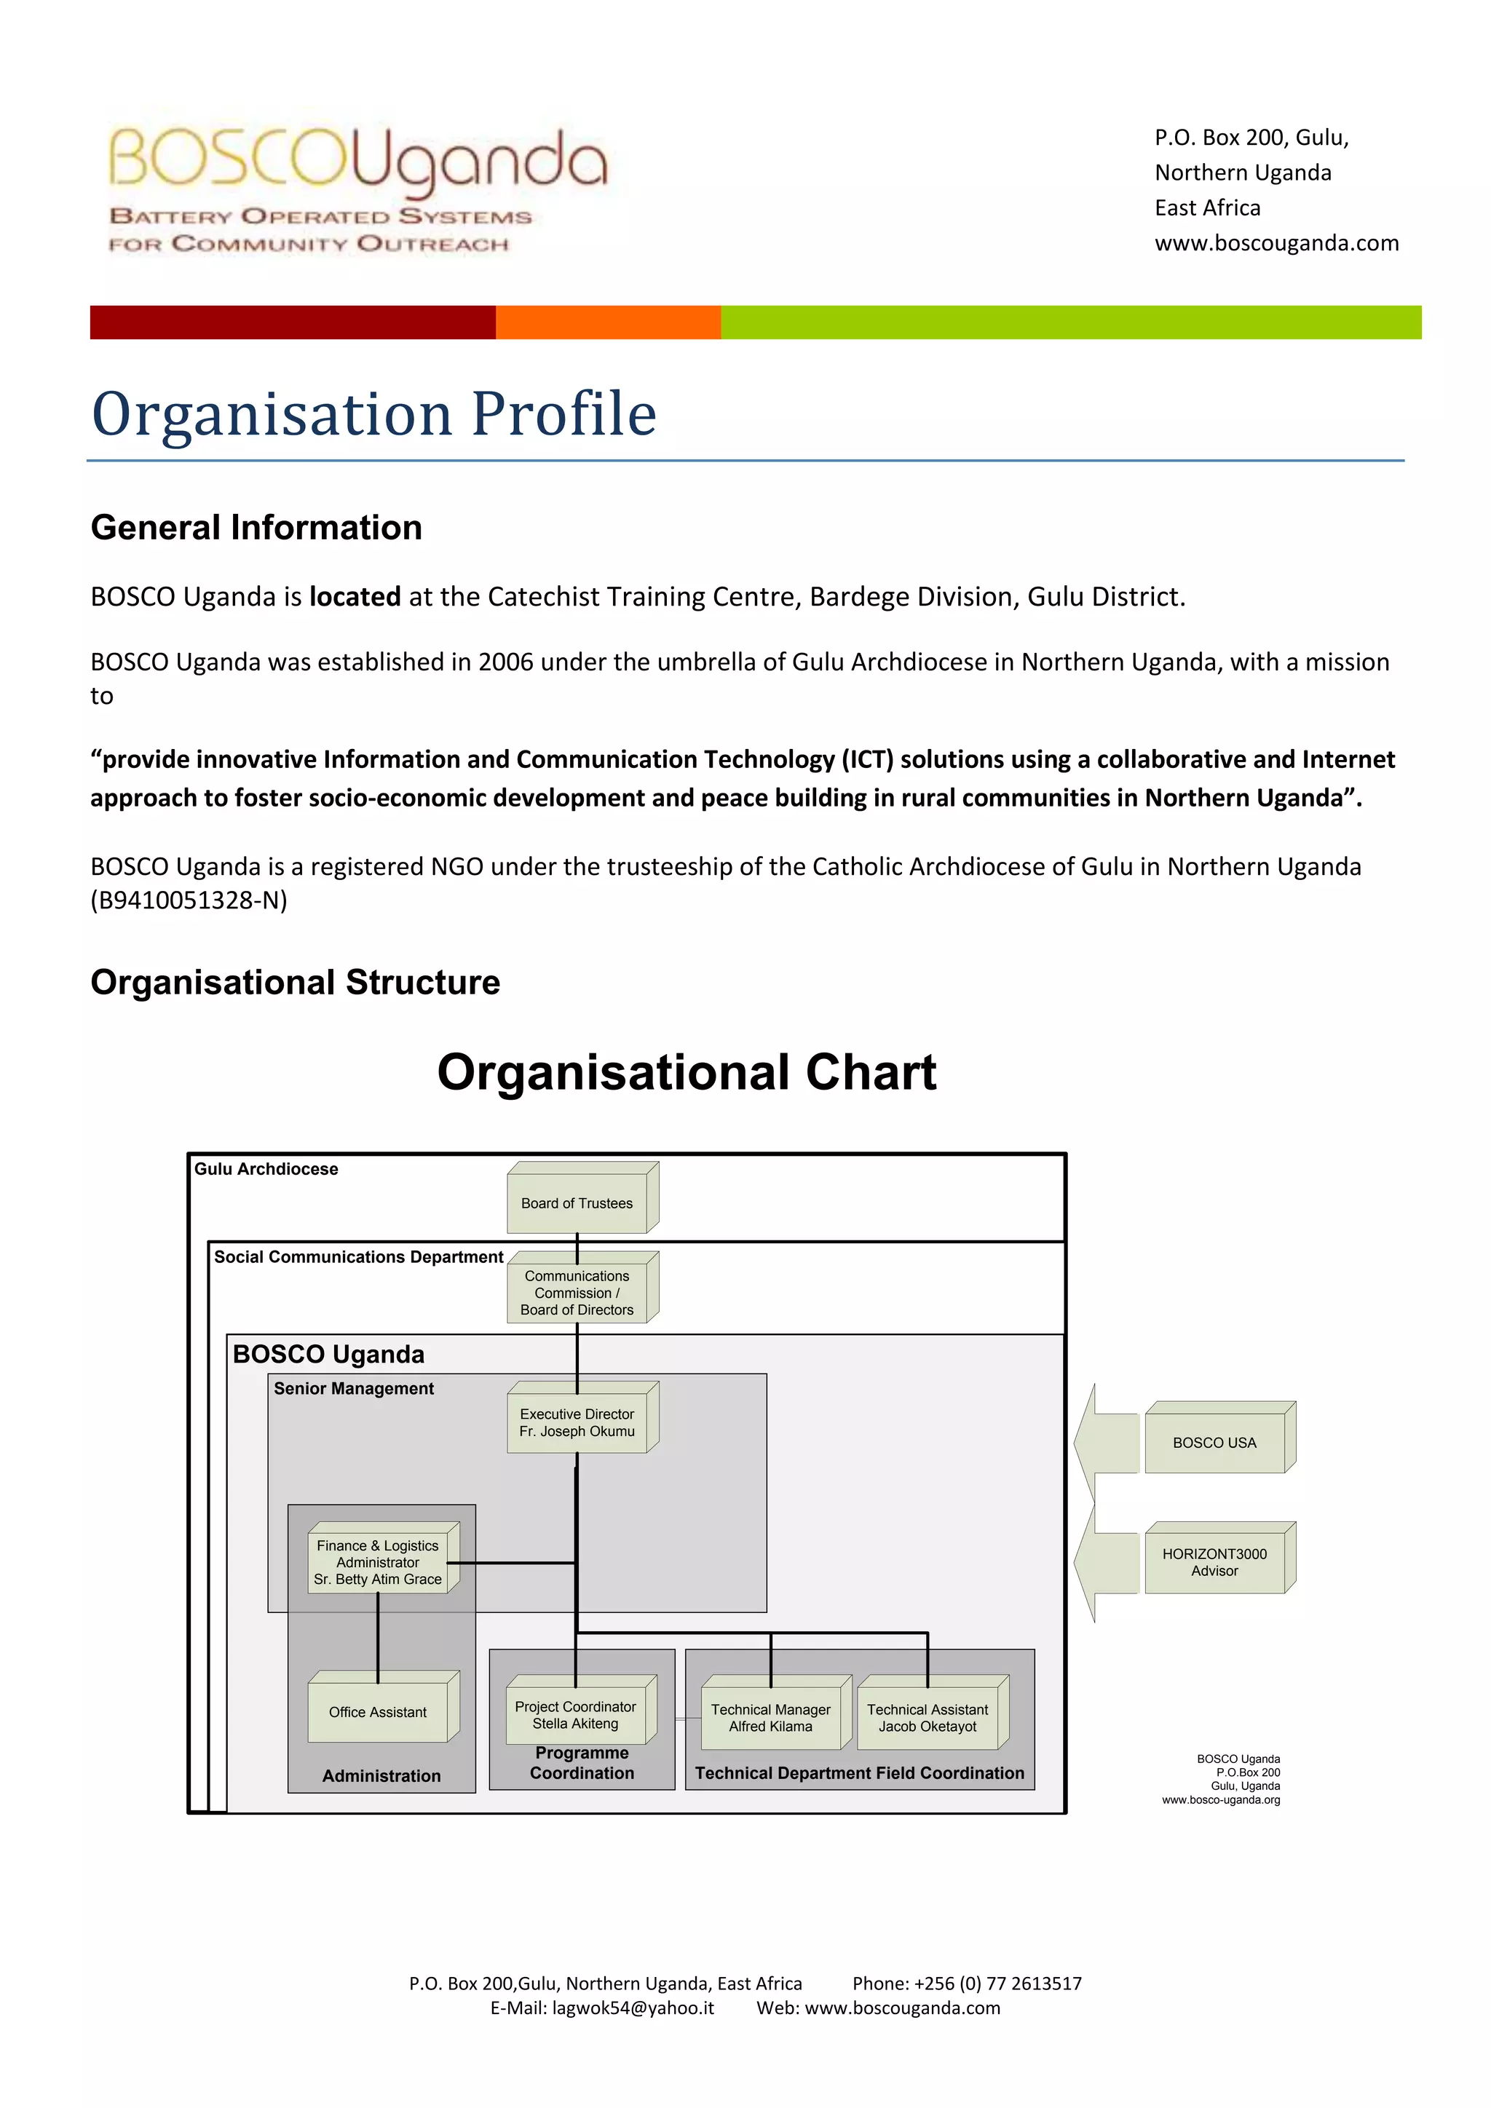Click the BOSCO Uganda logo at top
point(358,189)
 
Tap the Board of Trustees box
point(577,1202)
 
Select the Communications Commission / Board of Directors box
point(577,1292)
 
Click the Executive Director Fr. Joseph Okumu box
point(577,1422)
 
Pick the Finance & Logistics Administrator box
point(379,1562)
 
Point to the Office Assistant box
point(379,1711)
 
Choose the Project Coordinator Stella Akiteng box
point(576,1714)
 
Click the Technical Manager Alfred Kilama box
point(771,1717)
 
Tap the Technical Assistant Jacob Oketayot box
point(928,1717)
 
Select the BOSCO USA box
point(1214,1443)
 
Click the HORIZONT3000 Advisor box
point(1214,1562)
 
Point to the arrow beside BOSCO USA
point(1107,1443)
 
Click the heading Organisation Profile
point(375,413)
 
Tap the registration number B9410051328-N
point(189,900)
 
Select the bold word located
point(355,597)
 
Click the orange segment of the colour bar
point(608,322)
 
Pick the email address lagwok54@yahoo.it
point(633,2008)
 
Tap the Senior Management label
point(354,1388)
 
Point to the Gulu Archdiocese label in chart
point(266,1169)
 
